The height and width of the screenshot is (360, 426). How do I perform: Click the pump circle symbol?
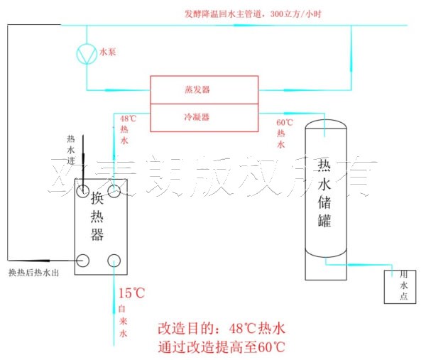coord(87,52)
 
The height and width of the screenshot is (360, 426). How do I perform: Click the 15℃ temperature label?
coord(131,293)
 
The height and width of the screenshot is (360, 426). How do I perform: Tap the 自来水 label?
coord(122,320)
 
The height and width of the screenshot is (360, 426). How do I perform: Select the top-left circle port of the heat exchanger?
coord(84,192)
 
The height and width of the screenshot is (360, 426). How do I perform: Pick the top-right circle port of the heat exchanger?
coord(115,192)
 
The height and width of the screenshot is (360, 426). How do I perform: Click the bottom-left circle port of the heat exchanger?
coord(84,260)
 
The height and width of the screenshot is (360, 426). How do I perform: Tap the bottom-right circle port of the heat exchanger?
coord(115,260)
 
